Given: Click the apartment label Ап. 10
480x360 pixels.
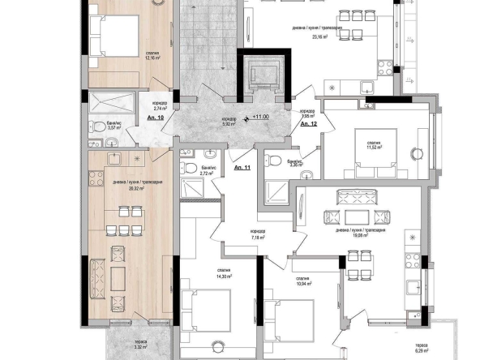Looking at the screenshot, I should (156, 118).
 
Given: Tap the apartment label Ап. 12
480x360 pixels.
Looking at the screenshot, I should (308, 124).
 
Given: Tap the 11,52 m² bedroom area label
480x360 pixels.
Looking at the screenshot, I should (373, 147).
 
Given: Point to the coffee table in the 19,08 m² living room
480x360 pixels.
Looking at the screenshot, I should (354, 216).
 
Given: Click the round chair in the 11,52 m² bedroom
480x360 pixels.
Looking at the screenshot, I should (418, 152).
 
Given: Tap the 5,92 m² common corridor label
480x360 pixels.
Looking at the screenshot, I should (230, 122).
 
